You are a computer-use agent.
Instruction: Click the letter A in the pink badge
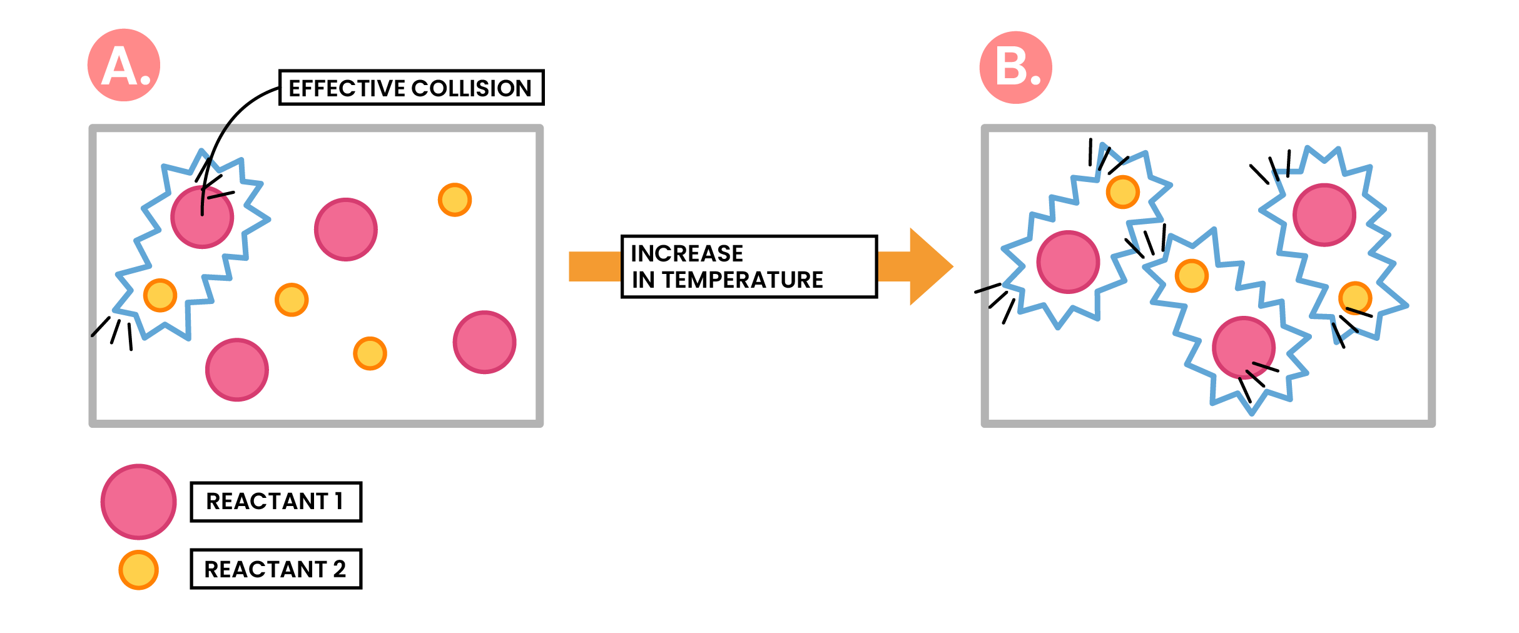(119, 66)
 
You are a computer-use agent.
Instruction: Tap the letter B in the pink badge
(1010, 67)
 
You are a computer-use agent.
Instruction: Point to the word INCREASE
(686, 253)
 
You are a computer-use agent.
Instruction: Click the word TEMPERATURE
(743, 280)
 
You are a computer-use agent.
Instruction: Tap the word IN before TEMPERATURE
(643, 280)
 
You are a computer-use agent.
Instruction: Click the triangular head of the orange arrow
(930, 266)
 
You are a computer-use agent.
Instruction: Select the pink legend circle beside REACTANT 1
(138, 501)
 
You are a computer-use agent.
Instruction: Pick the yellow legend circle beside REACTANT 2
(138, 570)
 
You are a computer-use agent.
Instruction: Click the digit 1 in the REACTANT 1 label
(338, 501)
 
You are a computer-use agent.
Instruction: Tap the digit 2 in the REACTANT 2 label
(339, 569)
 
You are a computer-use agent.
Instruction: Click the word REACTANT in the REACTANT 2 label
(265, 569)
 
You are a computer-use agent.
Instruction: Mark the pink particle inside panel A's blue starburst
(202, 216)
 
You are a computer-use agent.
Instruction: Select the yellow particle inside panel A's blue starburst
(160, 295)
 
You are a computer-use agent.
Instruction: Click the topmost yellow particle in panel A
(455, 200)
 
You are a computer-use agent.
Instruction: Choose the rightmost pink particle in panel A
(484, 342)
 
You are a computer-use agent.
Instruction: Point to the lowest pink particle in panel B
(1243, 348)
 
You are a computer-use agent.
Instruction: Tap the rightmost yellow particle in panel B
(1355, 298)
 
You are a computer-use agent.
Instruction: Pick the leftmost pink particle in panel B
(1068, 262)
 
